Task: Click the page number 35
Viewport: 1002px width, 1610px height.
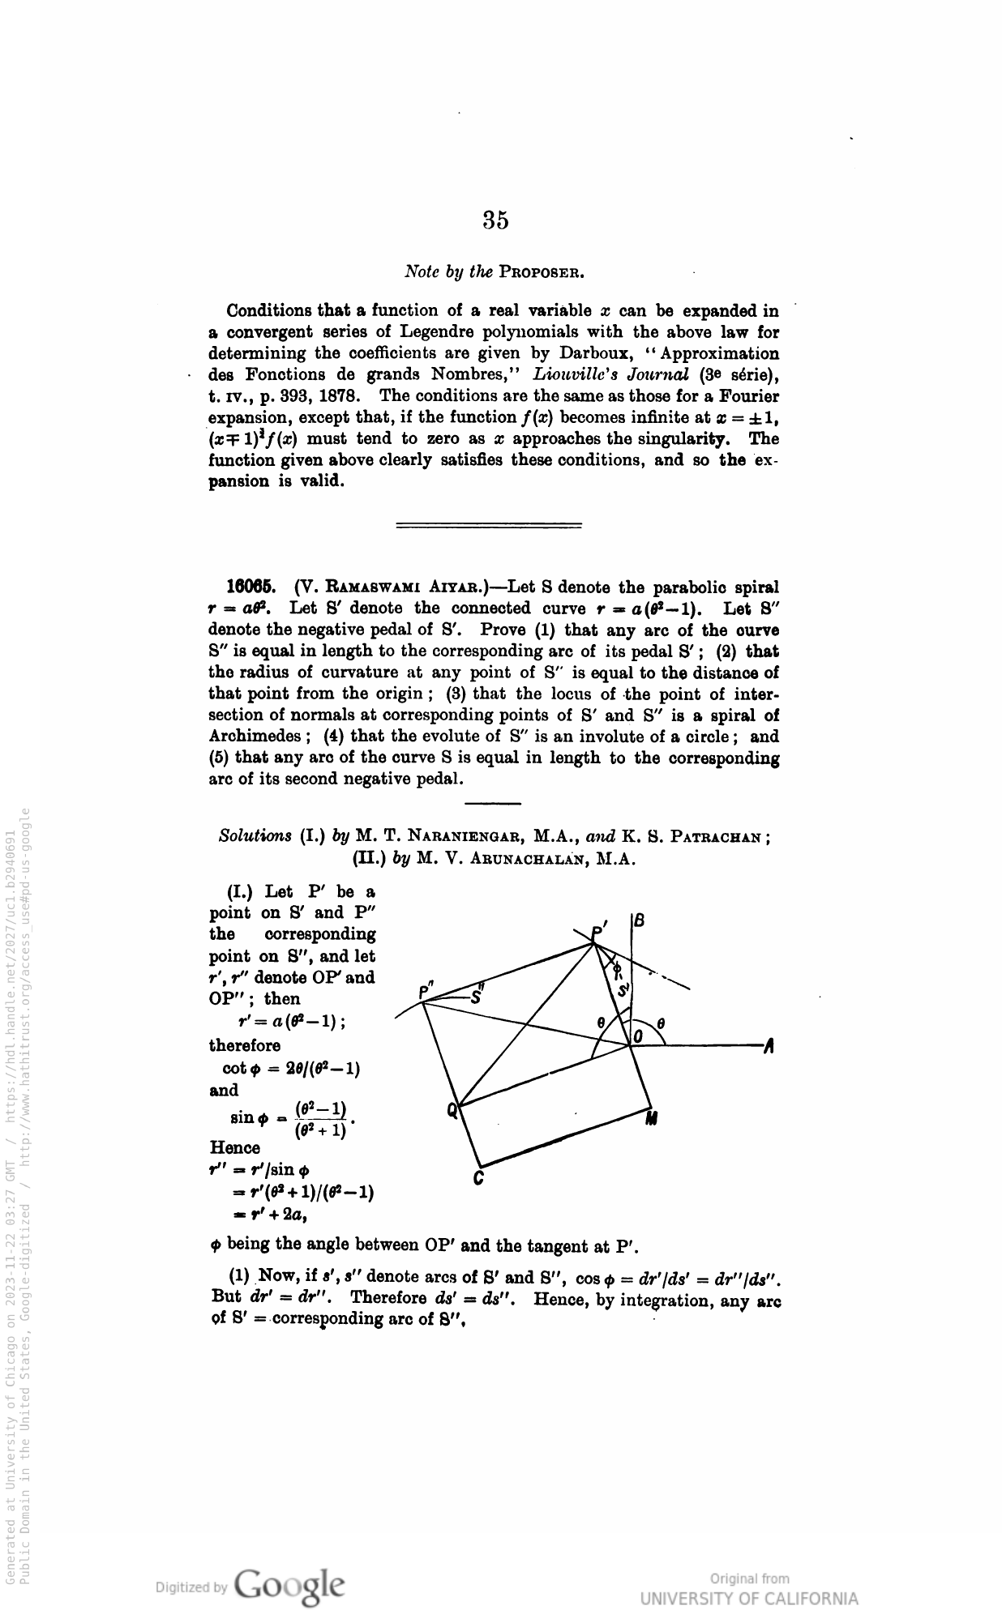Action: [495, 220]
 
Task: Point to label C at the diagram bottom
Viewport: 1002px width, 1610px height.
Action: [479, 1179]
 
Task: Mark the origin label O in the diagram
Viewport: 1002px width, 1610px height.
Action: [637, 1037]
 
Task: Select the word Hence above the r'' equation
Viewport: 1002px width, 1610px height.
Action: [235, 1148]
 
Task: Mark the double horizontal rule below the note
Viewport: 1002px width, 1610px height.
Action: [489, 526]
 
